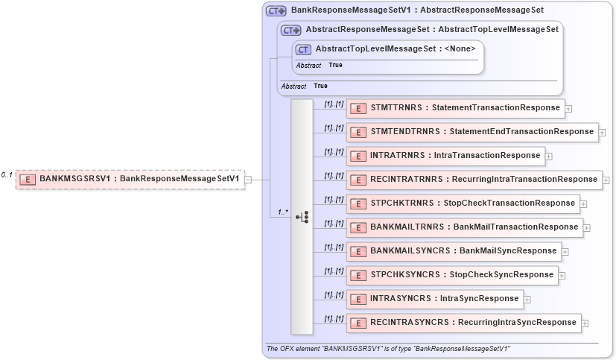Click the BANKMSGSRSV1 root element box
tap(130, 179)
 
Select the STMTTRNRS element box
tap(455, 108)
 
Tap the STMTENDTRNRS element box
tap(472, 132)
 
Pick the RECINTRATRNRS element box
tap(474, 179)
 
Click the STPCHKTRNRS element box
tap(463, 203)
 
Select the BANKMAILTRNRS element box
tap(465, 227)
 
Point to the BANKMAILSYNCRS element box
tap(454, 250)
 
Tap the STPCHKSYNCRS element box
tap(452, 274)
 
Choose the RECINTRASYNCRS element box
tap(463, 322)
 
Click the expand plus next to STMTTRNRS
tap(568, 108)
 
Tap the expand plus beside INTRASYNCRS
tap(527, 299)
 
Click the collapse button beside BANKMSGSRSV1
tap(248, 179)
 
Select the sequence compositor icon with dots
tap(302, 217)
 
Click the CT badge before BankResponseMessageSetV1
tap(276, 11)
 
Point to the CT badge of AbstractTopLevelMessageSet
tap(303, 49)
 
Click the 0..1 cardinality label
tap(7, 174)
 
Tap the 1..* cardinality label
tap(283, 212)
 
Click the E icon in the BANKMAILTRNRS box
tap(358, 227)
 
